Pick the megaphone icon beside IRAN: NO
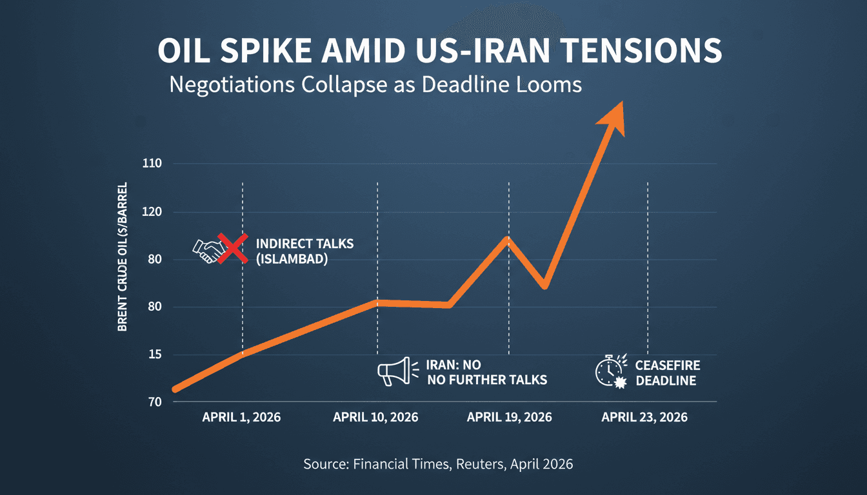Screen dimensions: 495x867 tap(394, 372)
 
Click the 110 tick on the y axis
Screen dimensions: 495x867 tap(152, 164)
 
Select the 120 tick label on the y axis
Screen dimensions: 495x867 tap(152, 212)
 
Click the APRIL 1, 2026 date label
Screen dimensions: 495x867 tap(241, 417)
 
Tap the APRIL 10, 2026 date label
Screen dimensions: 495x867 tap(375, 417)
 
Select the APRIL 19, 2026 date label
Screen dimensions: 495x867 tap(509, 417)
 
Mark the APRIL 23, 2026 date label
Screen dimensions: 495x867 tap(644, 417)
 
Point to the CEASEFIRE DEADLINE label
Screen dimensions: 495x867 tap(667, 373)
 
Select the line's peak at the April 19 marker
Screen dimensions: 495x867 tap(508, 240)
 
